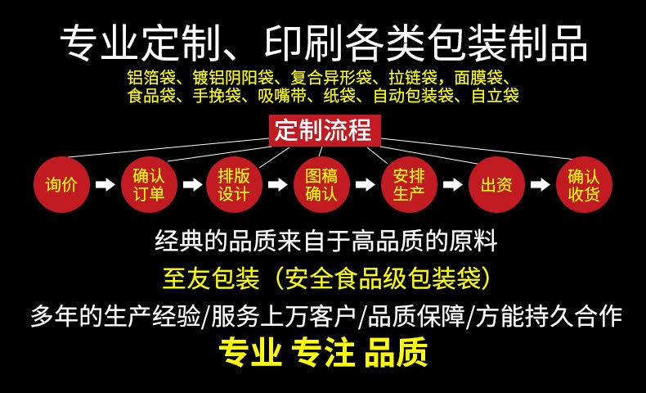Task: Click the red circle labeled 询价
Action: [61, 184]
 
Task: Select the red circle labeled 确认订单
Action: [148, 184]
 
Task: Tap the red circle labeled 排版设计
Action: [235, 184]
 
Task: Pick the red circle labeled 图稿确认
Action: [321, 184]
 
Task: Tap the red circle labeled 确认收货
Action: [583, 184]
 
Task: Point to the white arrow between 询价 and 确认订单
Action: [105, 184]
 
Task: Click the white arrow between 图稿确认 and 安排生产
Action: [365, 184]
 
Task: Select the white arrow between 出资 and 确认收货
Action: [540, 184]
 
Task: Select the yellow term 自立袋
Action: [495, 96]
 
